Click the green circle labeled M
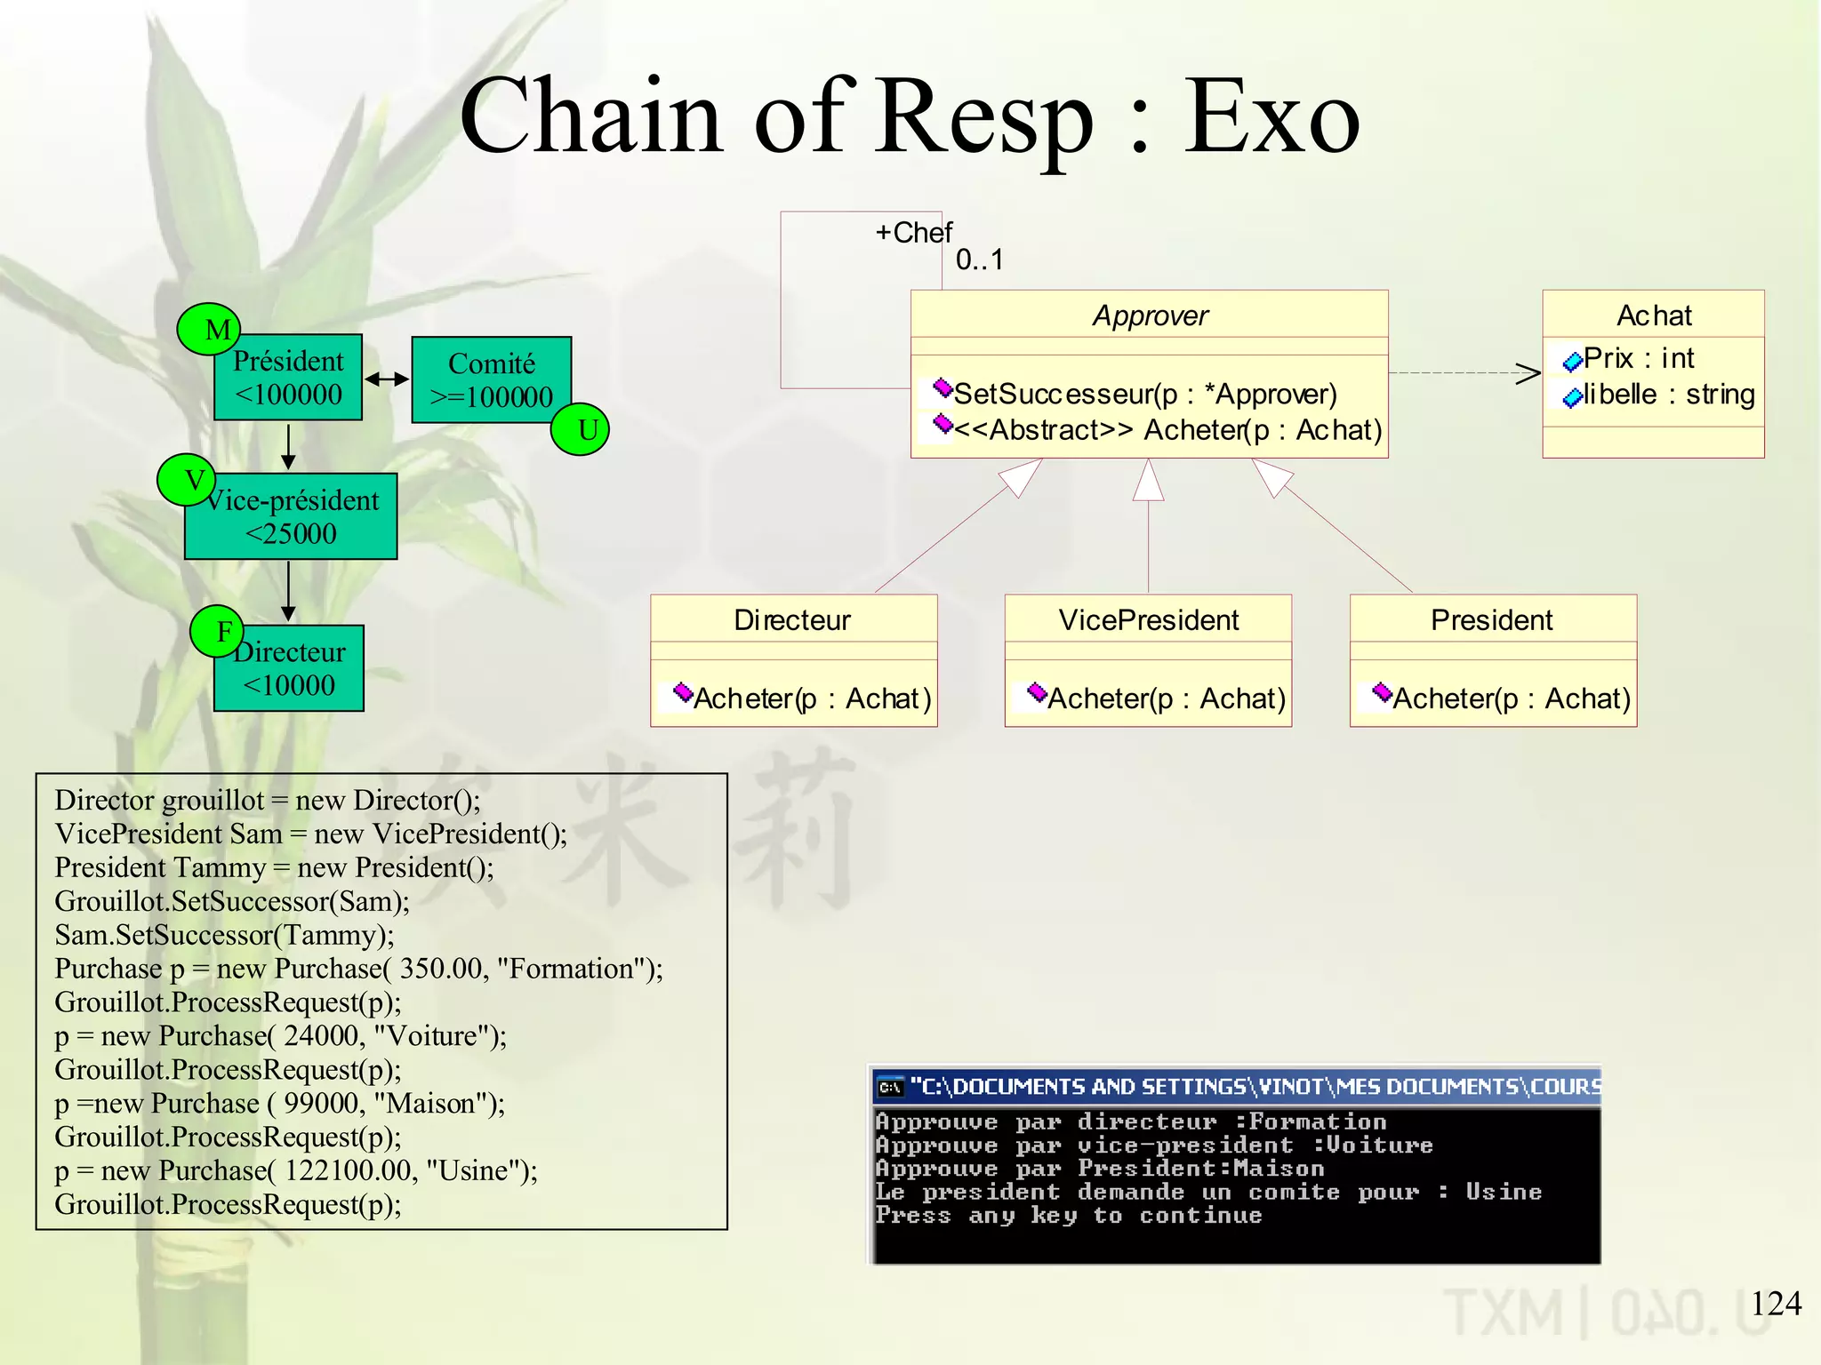tap(209, 329)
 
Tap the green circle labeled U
tap(580, 429)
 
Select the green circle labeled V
tap(187, 480)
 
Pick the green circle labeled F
tap(218, 632)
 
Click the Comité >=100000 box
tap(492, 379)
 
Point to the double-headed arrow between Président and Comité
tap(387, 379)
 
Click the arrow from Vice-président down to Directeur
tap(288, 591)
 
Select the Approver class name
tap(1150, 315)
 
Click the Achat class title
tap(1653, 315)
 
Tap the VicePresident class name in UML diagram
tap(1148, 619)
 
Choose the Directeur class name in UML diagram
tap(792, 619)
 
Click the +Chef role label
tap(913, 233)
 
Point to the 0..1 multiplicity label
tap(979, 259)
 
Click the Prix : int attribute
tap(1638, 358)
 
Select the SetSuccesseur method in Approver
tap(1144, 394)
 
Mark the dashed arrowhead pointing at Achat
tap(1528, 373)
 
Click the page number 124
tap(1775, 1304)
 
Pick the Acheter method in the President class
tap(1511, 698)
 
